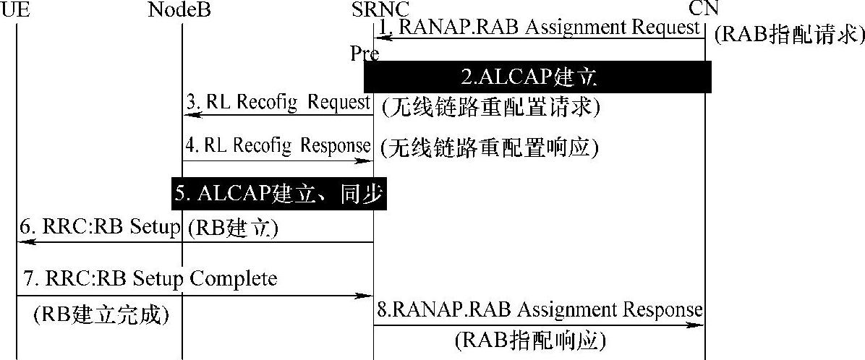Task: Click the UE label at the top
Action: click(16, 9)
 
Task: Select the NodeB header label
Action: click(181, 9)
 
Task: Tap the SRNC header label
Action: click(380, 9)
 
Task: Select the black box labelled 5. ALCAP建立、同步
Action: click(277, 194)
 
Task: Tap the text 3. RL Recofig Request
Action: click(278, 101)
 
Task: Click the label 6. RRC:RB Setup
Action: click(99, 228)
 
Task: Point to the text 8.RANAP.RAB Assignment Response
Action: click(540, 310)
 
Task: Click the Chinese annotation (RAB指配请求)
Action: click(788, 35)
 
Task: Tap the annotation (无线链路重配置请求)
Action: click(490, 107)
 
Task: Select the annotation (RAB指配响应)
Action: click(530, 339)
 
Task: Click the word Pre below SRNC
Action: click(365, 54)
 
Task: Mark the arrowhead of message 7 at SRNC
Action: click(368, 296)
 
